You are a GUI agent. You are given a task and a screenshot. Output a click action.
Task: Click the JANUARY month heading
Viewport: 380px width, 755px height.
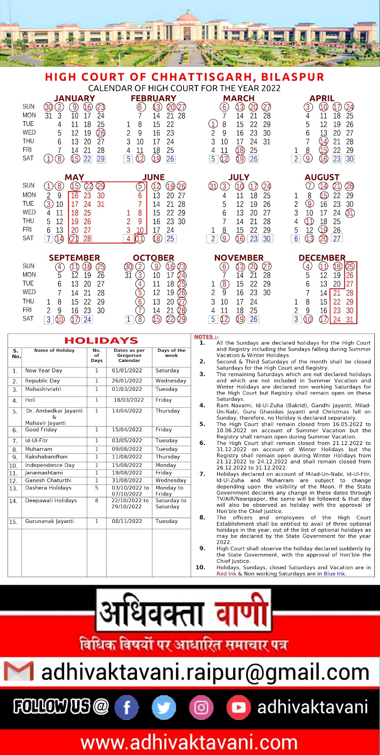coord(75,98)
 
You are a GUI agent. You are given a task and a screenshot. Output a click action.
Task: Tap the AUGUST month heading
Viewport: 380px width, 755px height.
coord(322,177)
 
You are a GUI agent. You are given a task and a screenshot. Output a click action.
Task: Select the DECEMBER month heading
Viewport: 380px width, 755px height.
coord(322,258)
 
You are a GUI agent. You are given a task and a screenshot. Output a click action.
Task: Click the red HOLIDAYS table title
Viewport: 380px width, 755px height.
coord(101,341)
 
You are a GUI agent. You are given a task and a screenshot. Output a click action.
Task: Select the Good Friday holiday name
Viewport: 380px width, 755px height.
coord(38,430)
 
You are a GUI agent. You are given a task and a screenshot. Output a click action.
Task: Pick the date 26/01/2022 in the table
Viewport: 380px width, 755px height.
coord(127,381)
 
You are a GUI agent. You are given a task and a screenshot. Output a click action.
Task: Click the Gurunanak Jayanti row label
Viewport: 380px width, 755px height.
coord(50,521)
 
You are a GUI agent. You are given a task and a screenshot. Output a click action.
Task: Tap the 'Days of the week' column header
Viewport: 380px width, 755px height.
coord(171,353)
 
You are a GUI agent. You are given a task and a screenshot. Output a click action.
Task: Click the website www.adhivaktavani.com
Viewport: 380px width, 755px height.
coord(189,743)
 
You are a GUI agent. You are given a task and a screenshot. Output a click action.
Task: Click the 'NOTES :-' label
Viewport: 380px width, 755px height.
coord(206,336)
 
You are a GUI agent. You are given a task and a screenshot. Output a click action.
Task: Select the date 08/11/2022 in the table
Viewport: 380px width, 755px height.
coord(127,521)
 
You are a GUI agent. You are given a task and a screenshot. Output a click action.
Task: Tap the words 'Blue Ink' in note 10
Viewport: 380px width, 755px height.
coord(334,574)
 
